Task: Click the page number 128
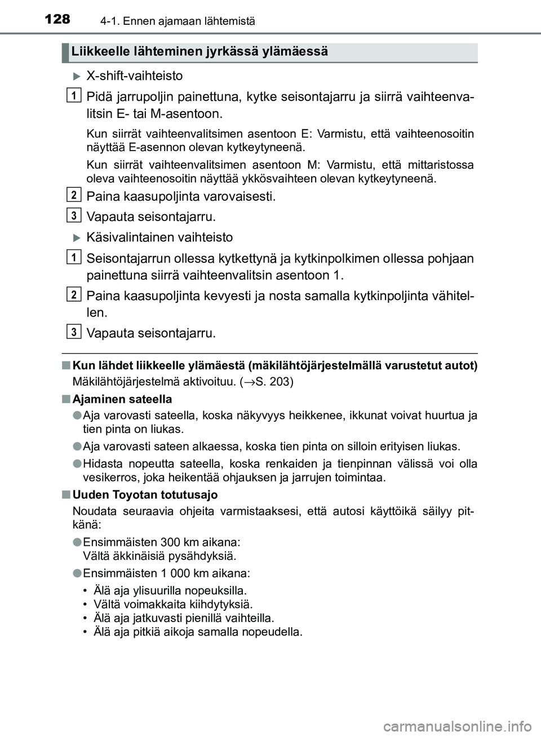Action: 57,20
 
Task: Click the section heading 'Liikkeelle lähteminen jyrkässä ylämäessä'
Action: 199,52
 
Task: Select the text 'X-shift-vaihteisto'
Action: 134,76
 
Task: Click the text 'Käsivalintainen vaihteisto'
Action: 159,237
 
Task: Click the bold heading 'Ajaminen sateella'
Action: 122,399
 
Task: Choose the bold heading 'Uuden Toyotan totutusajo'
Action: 145,495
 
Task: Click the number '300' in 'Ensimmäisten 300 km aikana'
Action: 170,542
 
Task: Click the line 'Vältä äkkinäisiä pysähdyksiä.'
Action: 159,556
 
